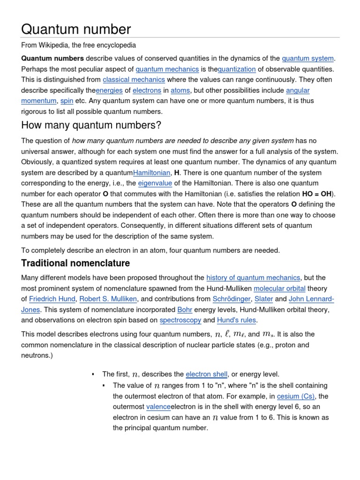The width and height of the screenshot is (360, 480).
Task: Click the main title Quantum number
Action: pos(76,29)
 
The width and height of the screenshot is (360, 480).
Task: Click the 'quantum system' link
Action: pos(307,59)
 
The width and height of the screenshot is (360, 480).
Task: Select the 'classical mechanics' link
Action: pos(134,80)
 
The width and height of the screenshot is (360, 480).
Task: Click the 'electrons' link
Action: pos(146,90)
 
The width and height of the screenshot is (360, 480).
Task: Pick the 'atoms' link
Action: pos(180,90)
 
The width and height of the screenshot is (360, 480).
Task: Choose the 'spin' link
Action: pos(67,101)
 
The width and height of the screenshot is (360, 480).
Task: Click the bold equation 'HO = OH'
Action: pos(319,194)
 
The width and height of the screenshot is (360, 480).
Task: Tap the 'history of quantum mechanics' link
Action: pos(253,278)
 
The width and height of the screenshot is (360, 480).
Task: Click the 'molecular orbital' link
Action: pos(279,288)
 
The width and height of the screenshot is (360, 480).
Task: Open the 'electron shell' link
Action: pos(206,374)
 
